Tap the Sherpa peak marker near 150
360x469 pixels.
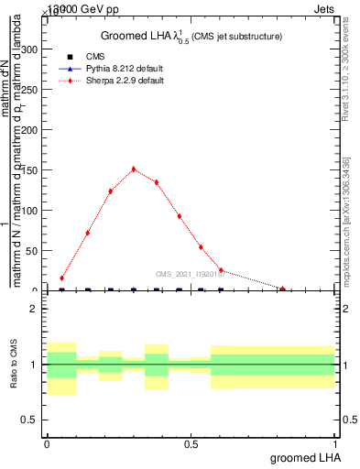[134, 169]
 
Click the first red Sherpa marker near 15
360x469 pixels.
[61, 278]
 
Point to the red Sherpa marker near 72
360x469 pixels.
[87, 233]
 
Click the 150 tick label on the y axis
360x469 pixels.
[31, 170]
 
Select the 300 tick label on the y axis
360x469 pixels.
[31, 50]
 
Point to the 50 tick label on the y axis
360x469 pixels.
[34, 251]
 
